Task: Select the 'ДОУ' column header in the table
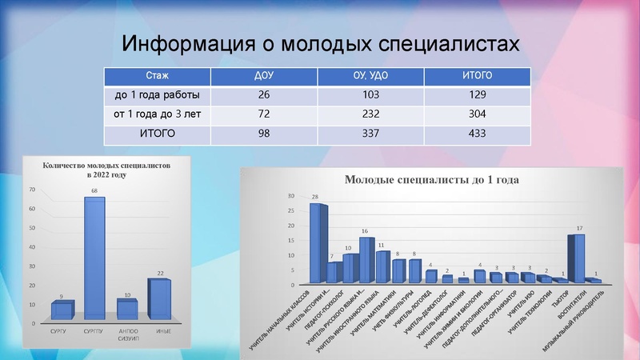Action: [264, 76]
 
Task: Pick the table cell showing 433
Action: [477, 134]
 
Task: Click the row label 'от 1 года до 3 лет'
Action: [157, 114]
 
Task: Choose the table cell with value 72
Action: [264, 114]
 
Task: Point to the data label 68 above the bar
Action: [95, 191]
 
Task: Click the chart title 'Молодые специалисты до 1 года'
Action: [432, 179]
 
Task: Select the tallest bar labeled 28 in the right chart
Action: [318, 243]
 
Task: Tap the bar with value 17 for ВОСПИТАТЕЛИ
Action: [577, 258]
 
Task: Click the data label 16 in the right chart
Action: [365, 230]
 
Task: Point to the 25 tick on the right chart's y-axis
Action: [291, 211]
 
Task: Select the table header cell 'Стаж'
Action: [157, 76]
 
